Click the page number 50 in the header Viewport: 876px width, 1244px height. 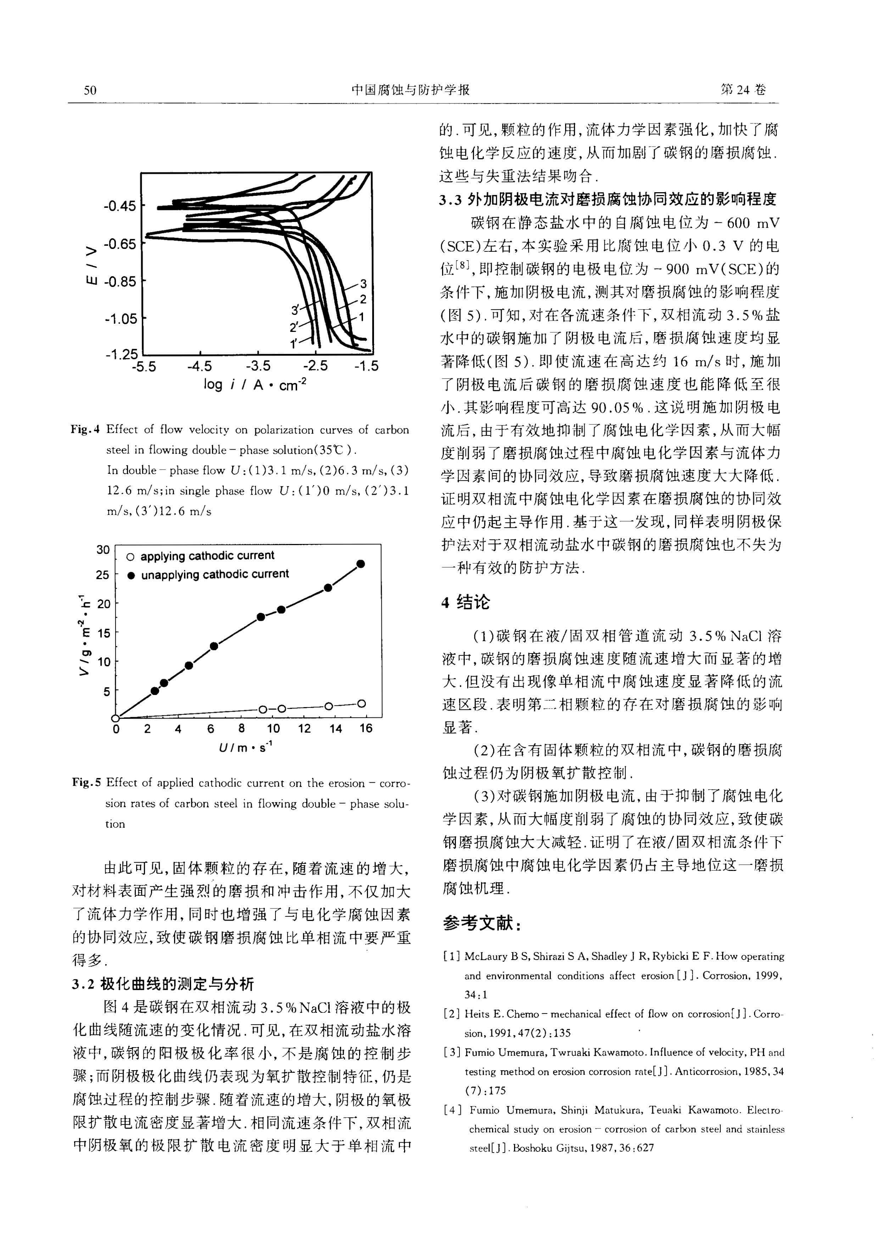pos(90,90)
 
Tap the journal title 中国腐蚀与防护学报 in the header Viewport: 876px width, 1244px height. pos(410,90)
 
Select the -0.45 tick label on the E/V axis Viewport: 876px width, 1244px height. pos(120,206)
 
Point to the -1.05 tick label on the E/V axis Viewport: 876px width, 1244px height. pos(120,318)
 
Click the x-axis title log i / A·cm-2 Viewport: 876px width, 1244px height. pos(255,385)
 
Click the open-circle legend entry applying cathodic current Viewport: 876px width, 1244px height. pos(200,556)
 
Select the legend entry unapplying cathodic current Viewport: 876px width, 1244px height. pos(208,574)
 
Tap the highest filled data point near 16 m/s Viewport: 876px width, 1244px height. pos(361,564)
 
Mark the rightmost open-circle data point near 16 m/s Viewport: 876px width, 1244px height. pos(361,704)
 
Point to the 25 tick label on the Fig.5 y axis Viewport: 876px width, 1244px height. pos(102,575)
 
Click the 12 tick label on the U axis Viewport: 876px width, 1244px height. pos(305,729)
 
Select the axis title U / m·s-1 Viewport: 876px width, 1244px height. pos(245,747)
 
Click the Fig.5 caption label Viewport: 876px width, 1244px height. pos(87,782)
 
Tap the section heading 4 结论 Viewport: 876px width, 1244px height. pos(465,602)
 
